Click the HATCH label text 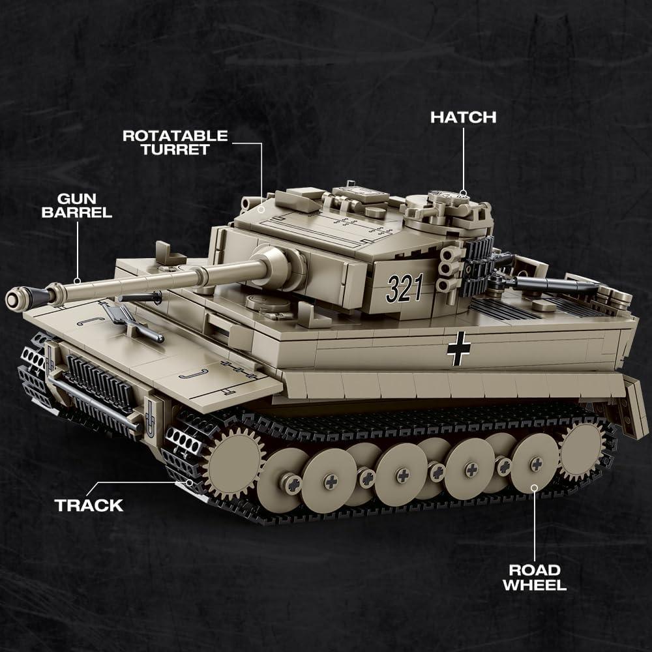click(x=463, y=117)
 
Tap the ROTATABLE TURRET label click(x=175, y=142)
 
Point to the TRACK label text click(x=89, y=505)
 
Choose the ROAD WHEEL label click(x=534, y=576)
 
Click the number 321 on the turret click(x=404, y=288)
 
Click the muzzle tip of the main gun click(x=14, y=299)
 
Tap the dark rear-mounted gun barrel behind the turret click(x=554, y=284)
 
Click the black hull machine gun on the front click(x=139, y=297)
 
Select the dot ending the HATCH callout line click(x=463, y=194)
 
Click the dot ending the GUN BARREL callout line click(x=78, y=281)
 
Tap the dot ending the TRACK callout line click(x=189, y=482)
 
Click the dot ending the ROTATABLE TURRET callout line click(x=261, y=207)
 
